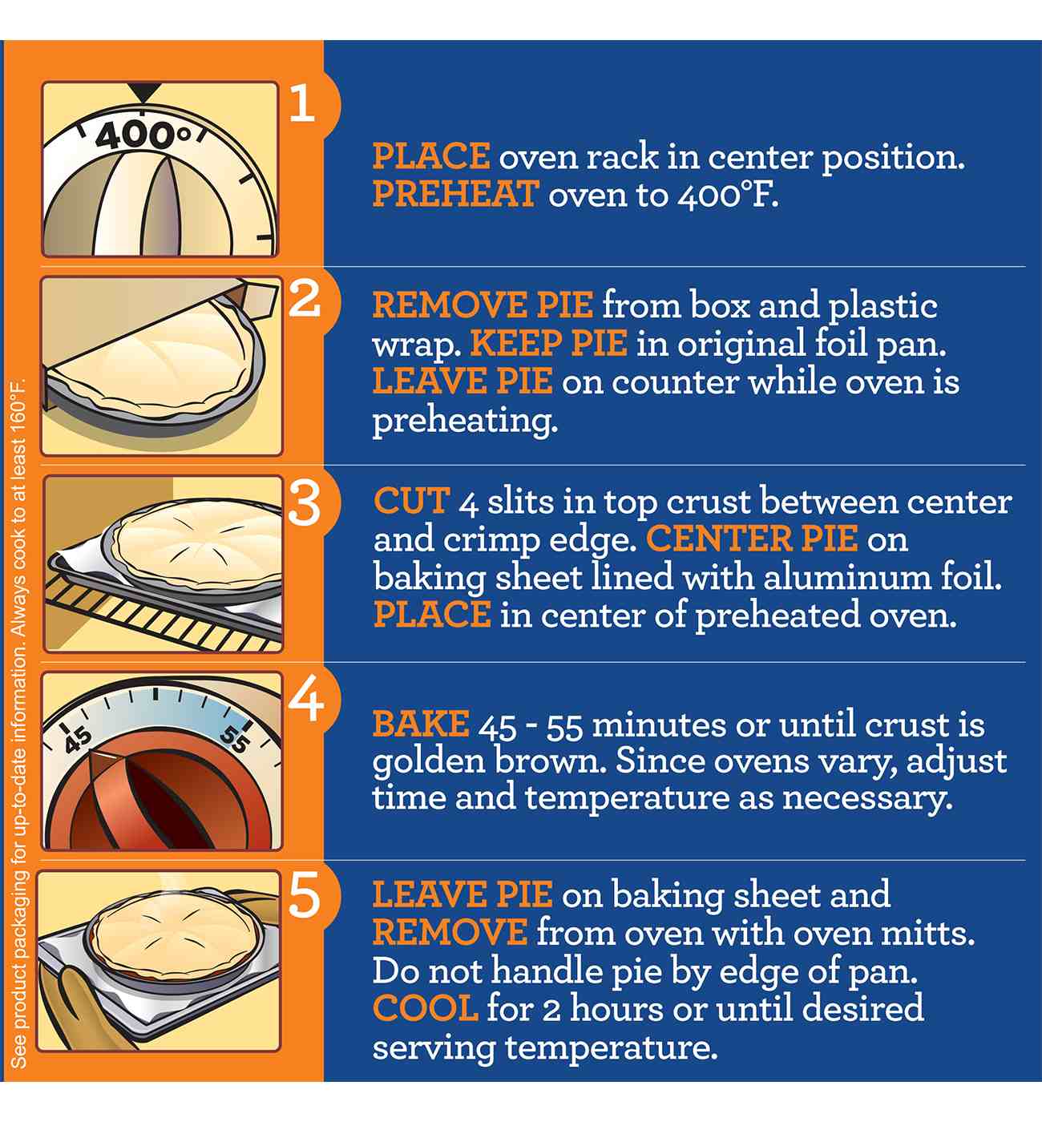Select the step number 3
click(304, 503)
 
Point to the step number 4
click(305, 700)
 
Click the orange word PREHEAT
click(456, 194)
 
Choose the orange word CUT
click(412, 501)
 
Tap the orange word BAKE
click(421, 724)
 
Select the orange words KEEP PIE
click(549, 343)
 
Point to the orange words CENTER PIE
click(752, 539)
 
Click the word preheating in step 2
click(465, 422)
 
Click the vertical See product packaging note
click(18, 724)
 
